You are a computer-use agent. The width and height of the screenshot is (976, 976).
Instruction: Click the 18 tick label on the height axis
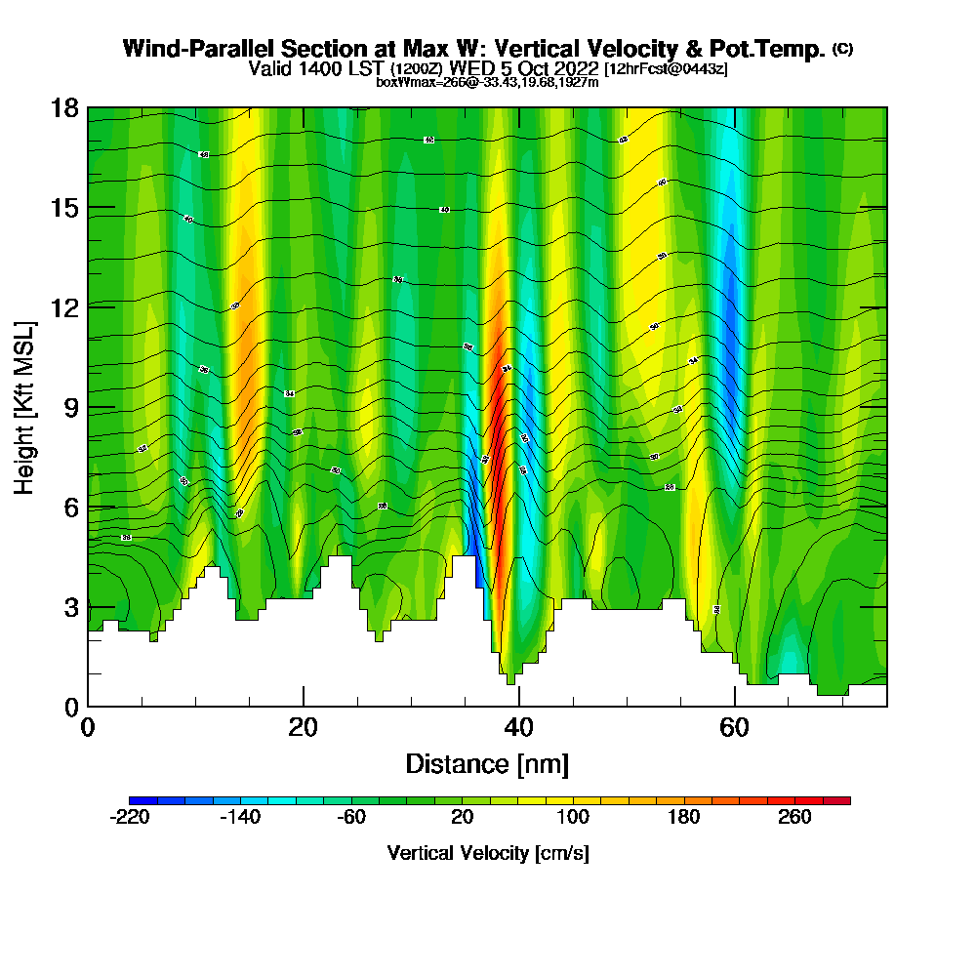(64, 107)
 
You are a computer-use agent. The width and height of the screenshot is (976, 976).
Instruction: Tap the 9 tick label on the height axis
(70, 407)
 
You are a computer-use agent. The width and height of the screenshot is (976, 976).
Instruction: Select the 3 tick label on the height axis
(70, 607)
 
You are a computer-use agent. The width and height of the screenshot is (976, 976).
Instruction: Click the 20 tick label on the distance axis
(304, 728)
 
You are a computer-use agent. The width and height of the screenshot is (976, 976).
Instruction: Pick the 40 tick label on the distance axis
(519, 728)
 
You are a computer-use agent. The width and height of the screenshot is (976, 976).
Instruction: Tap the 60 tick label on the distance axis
(734, 728)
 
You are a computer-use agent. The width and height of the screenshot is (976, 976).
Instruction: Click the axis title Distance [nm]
(487, 763)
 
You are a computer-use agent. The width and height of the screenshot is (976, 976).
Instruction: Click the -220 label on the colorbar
(130, 818)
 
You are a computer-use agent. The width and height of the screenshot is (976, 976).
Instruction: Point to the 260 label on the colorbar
(794, 818)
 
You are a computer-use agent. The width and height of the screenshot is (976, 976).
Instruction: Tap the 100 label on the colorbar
(573, 818)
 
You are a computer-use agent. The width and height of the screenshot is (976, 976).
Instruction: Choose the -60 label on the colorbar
(351, 818)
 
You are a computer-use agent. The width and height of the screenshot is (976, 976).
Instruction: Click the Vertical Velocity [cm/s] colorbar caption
(488, 853)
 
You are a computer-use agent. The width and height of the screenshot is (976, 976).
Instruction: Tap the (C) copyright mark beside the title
(843, 48)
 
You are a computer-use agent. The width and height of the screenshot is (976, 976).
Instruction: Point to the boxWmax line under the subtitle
(487, 82)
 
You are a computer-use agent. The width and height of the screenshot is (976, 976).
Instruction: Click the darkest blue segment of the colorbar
(137, 800)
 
